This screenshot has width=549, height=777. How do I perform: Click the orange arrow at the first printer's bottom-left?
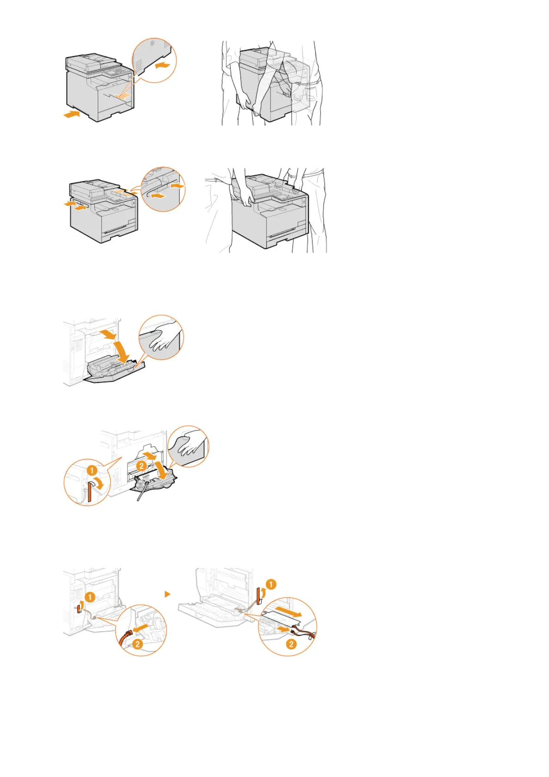tap(71, 114)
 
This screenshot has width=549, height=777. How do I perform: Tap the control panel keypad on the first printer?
tap(113, 72)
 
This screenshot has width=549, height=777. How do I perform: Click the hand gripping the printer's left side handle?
tap(245, 199)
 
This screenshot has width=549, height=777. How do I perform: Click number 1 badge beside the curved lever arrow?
tap(92, 470)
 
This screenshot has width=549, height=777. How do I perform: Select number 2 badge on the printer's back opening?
tap(142, 466)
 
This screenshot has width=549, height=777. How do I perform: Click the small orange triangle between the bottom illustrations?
tap(167, 594)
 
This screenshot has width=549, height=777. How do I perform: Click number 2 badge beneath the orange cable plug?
tap(137, 644)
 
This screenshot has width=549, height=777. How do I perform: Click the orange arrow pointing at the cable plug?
tap(141, 628)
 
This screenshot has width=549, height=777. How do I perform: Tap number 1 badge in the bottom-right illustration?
tap(271, 584)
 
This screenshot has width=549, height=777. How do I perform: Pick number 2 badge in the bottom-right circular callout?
tap(291, 644)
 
